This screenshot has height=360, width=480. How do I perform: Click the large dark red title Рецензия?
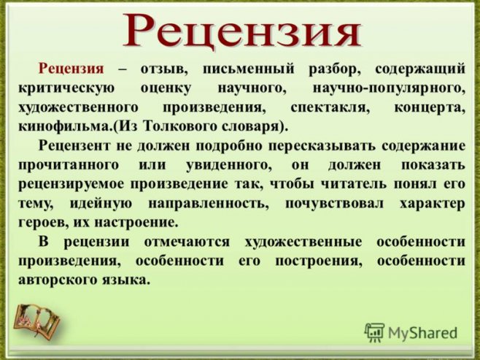[241, 31]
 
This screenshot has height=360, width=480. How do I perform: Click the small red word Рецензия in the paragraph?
[71, 69]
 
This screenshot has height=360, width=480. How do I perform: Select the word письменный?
[248, 69]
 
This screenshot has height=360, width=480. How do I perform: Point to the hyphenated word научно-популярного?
[389, 88]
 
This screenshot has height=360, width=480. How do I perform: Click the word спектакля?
[330, 108]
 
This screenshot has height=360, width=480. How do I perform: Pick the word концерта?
[430, 108]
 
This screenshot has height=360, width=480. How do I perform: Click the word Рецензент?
[74, 145]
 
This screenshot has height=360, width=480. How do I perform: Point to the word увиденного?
[229, 166]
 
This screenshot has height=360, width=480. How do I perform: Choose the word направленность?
[209, 204]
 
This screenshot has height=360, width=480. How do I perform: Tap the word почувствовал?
[334, 204]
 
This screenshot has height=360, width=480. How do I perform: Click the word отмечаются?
[187, 242]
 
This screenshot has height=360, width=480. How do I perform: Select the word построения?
[318, 261]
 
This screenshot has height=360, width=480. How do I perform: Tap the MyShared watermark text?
[422, 333]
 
